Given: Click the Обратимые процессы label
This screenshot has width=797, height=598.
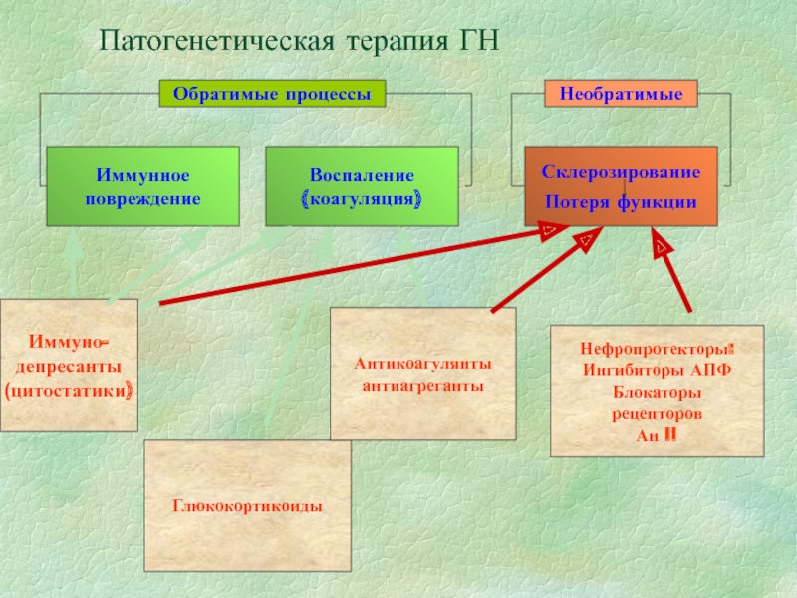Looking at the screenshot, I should pyautogui.click(x=272, y=94).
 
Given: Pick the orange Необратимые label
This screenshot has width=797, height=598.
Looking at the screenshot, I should pyautogui.click(x=620, y=94).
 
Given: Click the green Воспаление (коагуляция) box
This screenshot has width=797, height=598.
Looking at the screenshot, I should pyautogui.click(x=362, y=186).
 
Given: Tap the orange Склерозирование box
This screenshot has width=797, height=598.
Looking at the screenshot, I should pyautogui.click(x=621, y=171).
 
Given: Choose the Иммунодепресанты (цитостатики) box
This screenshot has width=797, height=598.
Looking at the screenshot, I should pyautogui.click(x=68, y=365).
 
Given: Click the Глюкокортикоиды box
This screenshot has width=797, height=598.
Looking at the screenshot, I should pyautogui.click(x=248, y=505).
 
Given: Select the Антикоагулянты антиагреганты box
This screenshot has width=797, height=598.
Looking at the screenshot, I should pyautogui.click(x=423, y=373).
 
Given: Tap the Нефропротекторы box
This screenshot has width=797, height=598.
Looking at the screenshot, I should pyautogui.click(x=657, y=351).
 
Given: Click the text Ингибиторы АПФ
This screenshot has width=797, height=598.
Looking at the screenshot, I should pyautogui.click(x=658, y=371).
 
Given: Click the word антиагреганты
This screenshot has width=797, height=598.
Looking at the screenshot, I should pyautogui.click(x=423, y=385).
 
